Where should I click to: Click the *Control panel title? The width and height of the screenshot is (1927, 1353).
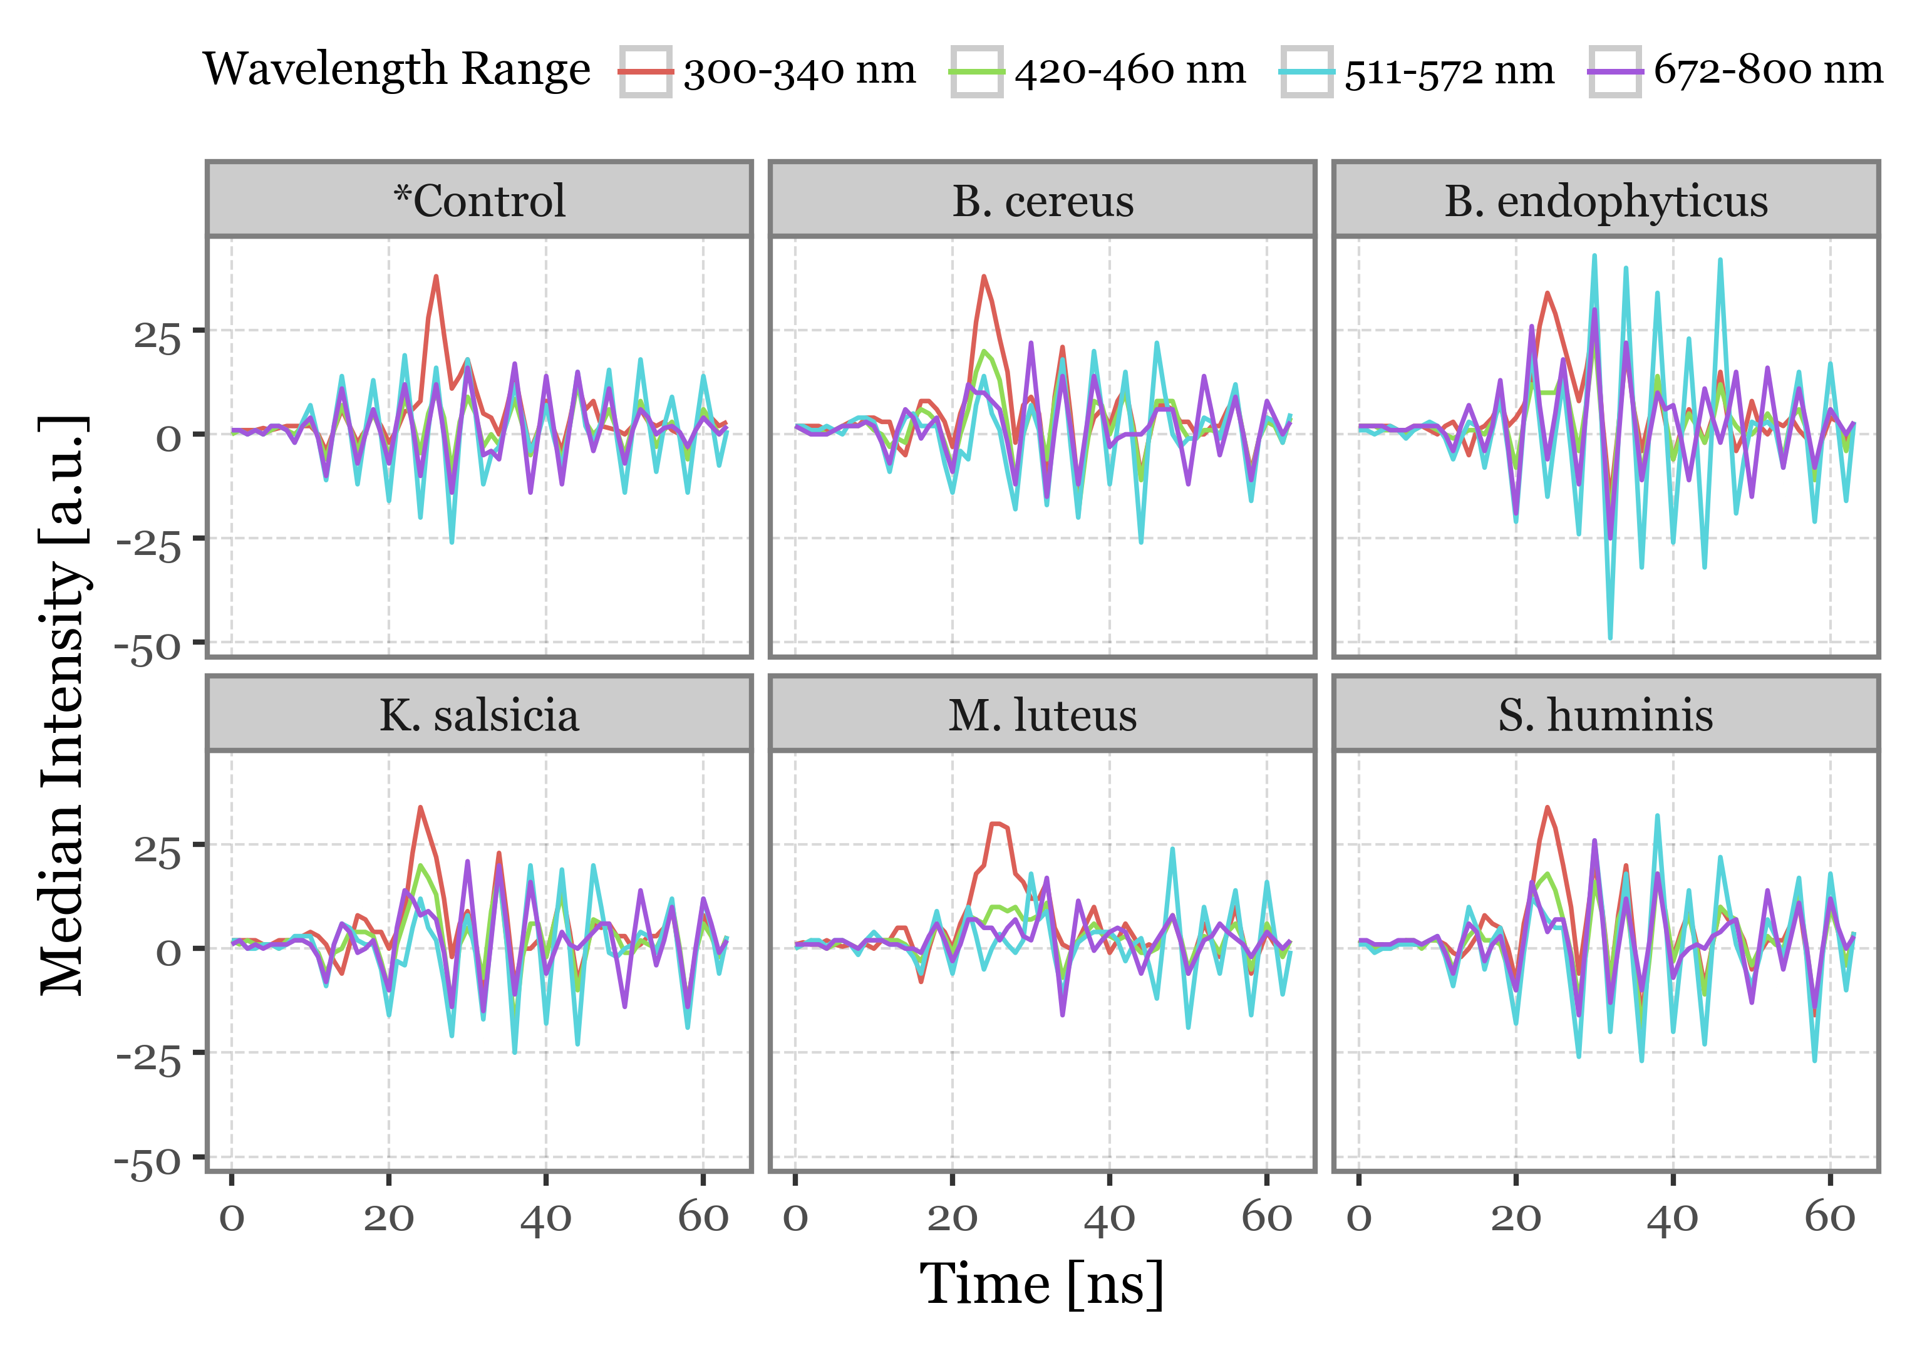tap(479, 202)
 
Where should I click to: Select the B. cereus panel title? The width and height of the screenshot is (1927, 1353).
tap(1042, 202)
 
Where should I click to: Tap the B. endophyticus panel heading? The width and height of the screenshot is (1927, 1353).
tap(1606, 202)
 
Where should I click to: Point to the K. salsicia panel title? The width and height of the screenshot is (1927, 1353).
tap(479, 715)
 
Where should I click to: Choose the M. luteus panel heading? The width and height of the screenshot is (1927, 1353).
tap(1042, 715)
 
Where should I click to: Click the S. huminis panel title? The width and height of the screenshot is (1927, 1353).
tap(1606, 715)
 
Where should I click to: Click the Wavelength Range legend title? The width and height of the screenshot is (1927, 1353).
tap(396, 69)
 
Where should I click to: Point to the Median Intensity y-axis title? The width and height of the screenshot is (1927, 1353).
tap(63, 705)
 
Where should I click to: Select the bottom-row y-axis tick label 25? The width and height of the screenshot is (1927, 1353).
tap(158, 852)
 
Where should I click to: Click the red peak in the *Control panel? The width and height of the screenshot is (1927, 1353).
tap(437, 276)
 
